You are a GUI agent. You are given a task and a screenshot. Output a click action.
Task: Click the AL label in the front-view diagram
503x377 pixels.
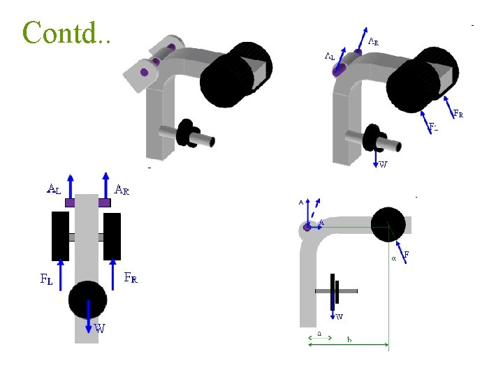tap(54, 188)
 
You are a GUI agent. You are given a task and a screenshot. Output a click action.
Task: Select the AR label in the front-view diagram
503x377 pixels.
tap(122, 189)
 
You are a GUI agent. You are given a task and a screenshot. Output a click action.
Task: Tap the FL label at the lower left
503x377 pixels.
tap(45, 280)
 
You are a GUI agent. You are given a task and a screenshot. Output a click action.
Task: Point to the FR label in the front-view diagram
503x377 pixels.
tap(131, 278)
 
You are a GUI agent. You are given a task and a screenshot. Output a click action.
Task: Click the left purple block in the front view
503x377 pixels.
tap(71, 202)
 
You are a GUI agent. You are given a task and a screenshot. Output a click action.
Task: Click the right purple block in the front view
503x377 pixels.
tap(104, 202)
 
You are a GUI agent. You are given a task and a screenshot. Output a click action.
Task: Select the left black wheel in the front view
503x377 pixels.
tap(59, 237)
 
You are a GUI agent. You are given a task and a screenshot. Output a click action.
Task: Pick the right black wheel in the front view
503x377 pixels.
tap(112, 237)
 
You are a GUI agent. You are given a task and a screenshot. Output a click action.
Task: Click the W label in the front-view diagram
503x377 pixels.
tap(100, 329)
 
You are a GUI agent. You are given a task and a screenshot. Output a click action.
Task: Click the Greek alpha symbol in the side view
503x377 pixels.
tap(393, 258)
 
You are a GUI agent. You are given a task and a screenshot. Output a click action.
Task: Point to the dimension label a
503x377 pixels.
tap(319, 334)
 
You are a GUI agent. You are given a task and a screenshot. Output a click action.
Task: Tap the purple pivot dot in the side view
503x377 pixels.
tap(307, 227)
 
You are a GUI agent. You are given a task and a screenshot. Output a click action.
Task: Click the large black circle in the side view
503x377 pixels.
tap(388, 224)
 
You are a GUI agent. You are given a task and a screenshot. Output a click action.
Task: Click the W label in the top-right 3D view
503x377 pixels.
tap(383, 165)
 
